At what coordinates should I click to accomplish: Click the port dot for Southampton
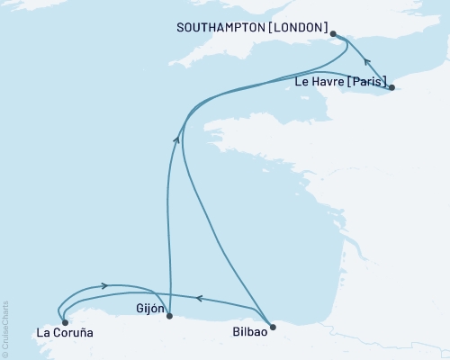(334, 34)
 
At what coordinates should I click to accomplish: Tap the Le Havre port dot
(391, 88)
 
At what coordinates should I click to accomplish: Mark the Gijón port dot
(169, 316)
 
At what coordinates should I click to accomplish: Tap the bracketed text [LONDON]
(295, 28)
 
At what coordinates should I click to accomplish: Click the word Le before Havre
(301, 82)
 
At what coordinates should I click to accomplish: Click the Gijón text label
(150, 308)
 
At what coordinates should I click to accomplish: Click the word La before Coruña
(43, 334)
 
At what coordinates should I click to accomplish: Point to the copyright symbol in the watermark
(6, 355)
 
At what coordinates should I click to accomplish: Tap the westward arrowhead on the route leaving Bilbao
(199, 297)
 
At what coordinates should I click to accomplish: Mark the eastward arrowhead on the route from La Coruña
(105, 285)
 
